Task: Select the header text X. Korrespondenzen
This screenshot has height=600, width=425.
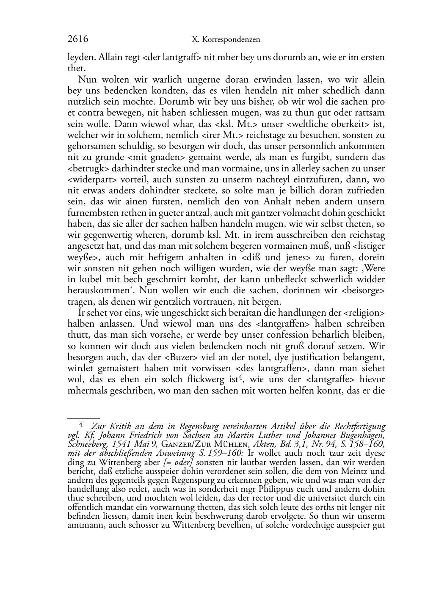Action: [226, 40]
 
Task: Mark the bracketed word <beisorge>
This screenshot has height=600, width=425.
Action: [362, 291]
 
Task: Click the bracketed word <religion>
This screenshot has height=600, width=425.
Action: [363, 313]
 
